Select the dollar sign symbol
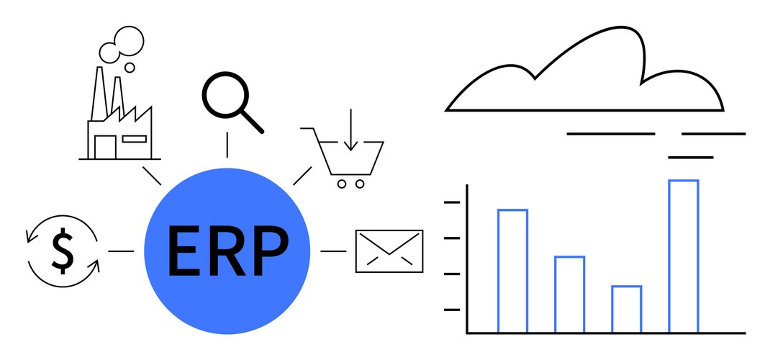pyautogui.click(x=63, y=251)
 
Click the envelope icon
pyautogui.click(x=389, y=251)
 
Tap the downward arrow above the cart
pyautogui.click(x=350, y=130)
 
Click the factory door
pyautogui.click(x=106, y=147)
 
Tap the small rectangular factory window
pyautogui.click(x=134, y=139)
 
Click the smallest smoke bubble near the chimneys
pyautogui.click(x=130, y=67)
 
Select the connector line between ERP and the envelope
pyautogui.click(x=333, y=251)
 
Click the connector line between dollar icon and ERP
pyautogui.click(x=122, y=251)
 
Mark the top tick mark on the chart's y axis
pyautogui.click(x=452, y=202)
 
